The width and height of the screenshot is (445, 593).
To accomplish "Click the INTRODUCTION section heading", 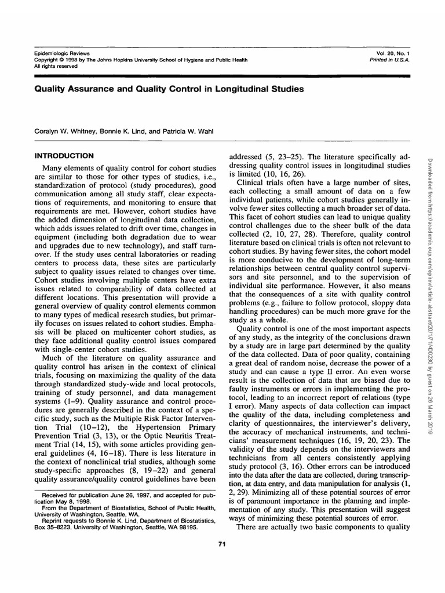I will [x=64, y=156].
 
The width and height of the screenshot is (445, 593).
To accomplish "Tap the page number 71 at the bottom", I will [x=221, y=543].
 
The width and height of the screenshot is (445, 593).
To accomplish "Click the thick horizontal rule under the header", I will [x=222, y=76].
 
